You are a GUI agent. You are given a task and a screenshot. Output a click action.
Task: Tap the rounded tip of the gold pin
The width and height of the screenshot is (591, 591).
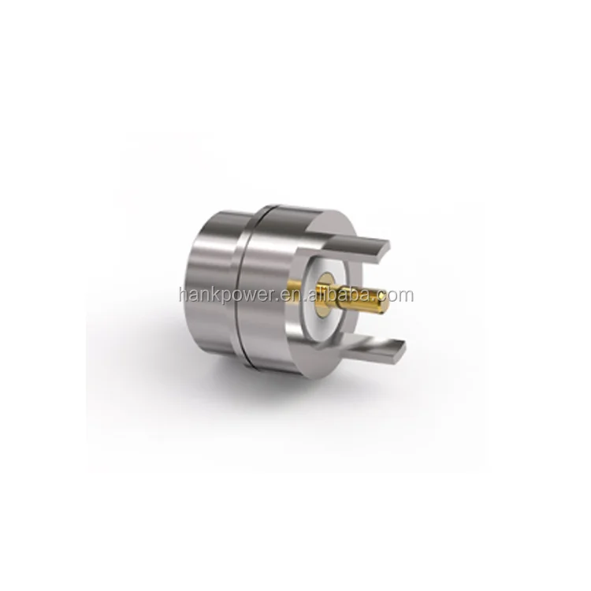click(384, 299)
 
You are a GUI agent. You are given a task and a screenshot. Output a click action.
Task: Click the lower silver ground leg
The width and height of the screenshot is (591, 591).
click(362, 348)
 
